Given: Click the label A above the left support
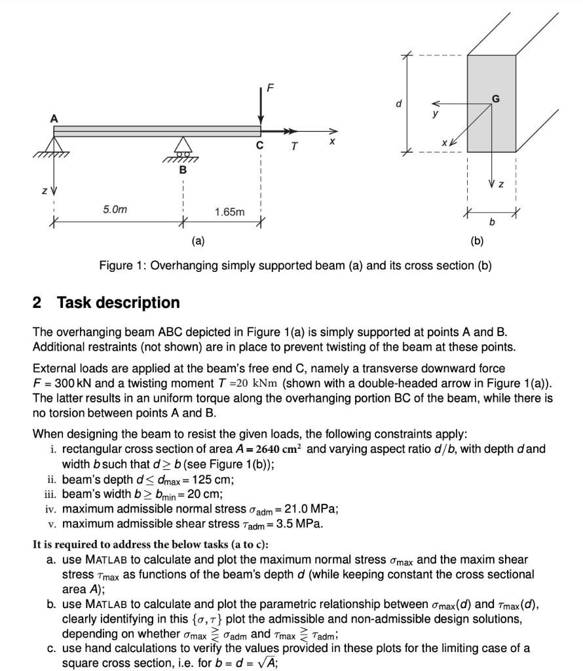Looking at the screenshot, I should pyautogui.click(x=54, y=119).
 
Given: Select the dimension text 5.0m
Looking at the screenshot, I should pyautogui.click(x=115, y=210).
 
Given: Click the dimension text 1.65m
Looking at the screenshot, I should pyautogui.click(x=230, y=212).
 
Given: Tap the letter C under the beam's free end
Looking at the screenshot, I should pyautogui.click(x=261, y=146).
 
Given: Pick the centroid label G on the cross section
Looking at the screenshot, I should pyautogui.click(x=496, y=98).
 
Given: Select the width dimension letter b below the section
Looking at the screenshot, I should pyautogui.click(x=493, y=223).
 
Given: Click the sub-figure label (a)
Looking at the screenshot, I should pyautogui.click(x=198, y=240).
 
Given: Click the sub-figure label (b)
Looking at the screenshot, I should pyautogui.click(x=477, y=240).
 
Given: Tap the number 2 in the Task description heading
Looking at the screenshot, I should pyautogui.click(x=37, y=303).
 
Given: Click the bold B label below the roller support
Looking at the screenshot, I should pyautogui.click(x=183, y=170).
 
